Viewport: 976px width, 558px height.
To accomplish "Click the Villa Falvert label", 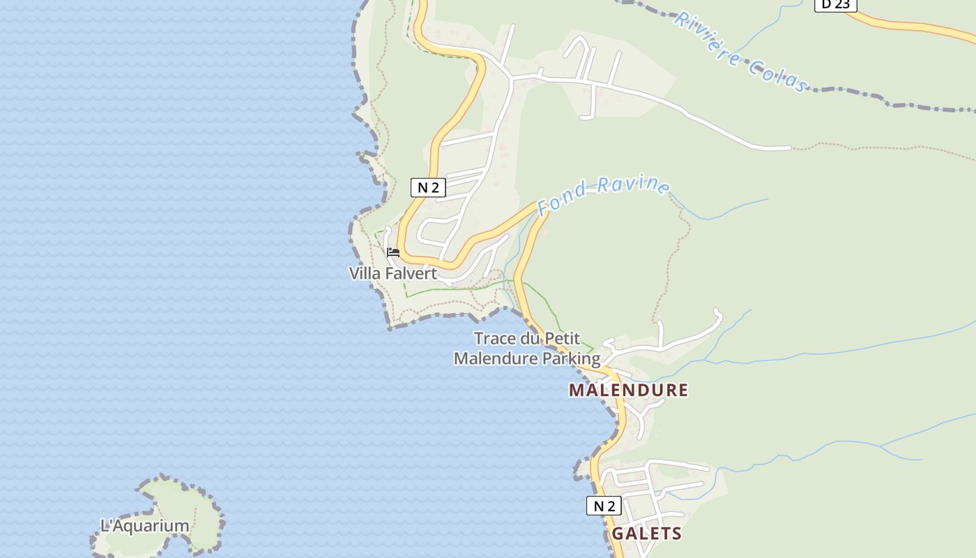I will coord(393,273).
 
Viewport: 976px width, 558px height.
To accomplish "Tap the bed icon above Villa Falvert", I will coord(393,252).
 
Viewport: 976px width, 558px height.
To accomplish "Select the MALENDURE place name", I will coord(628,390).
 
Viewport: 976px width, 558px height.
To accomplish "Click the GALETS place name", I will coord(646,534).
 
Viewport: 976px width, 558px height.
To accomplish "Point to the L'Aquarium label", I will coord(145,526).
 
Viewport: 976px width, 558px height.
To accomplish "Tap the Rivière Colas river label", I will coord(740,51).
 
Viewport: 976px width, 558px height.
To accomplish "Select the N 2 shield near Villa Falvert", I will coord(428,187).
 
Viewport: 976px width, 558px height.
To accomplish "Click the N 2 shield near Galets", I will coord(604,506).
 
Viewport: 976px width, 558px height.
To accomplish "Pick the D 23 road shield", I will coord(835,5).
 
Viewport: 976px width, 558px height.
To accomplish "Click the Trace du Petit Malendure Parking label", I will coord(527,349).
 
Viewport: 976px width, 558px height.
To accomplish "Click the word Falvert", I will coord(411,273).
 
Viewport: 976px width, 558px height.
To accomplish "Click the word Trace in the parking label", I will coord(493,339).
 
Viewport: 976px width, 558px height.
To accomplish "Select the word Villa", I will coord(365,273).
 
